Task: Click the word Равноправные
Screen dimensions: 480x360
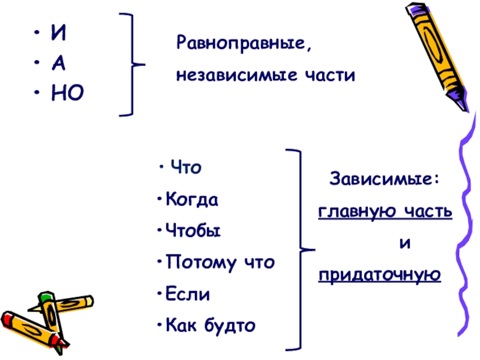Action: click(x=244, y=44)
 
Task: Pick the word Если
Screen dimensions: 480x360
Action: click(x=188, y=295)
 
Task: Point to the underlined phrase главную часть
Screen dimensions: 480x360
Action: click(x=385, y=212)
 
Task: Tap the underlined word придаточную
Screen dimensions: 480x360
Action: click(x=380, y=275)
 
